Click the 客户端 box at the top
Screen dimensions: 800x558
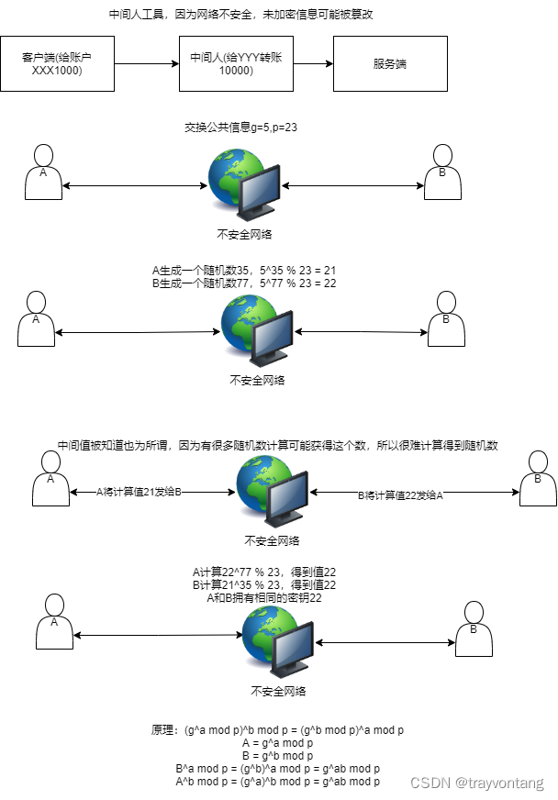point(57,63)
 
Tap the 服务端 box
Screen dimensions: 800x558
point(390,63)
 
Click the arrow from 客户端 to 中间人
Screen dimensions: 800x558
point(146,63)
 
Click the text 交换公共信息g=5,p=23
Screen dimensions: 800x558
point(240,128)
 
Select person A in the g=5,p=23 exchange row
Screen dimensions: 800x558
point(43,172)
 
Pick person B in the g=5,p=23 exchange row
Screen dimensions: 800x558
point(441,172)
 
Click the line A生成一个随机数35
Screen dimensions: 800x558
point(244,271)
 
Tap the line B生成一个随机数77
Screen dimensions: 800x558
point(244,283)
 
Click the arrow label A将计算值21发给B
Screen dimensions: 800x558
point(140,492)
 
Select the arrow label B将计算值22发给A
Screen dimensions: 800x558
point(400,494)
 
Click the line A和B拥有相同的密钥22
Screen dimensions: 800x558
point(265,597)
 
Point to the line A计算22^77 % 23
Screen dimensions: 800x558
point(264,572)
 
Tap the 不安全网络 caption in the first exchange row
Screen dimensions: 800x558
point(244,234)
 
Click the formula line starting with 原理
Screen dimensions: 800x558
point(277,730)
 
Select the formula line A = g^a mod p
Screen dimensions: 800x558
point(277,743)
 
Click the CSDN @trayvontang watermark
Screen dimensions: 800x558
point(475,783)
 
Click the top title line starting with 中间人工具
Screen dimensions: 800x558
point(241,15)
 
